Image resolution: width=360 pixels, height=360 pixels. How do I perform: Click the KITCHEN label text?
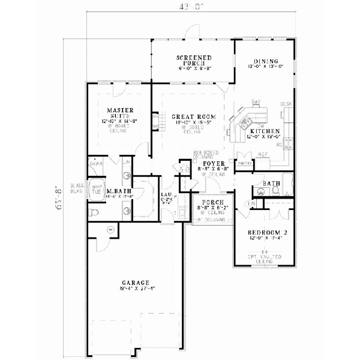265,131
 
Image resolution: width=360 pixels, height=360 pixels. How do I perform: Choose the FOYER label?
213,163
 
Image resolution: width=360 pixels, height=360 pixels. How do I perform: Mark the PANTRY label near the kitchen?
244,163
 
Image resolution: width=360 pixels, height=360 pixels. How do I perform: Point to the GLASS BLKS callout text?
77,188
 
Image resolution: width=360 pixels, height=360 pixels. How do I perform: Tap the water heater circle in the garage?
110,229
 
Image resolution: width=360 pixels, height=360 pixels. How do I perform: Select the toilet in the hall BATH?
275,191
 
